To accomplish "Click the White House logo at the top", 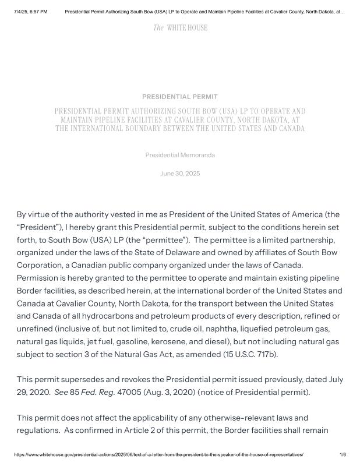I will click(x=180, y=28).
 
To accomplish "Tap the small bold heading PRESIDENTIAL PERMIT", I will click(x=180, y=97).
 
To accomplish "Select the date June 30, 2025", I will click(x=180, y=174).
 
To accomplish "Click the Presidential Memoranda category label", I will click(x=180, y=155).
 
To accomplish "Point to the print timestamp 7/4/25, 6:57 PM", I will click(x=30, y=11).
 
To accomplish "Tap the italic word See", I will click(x=61, y=392).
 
